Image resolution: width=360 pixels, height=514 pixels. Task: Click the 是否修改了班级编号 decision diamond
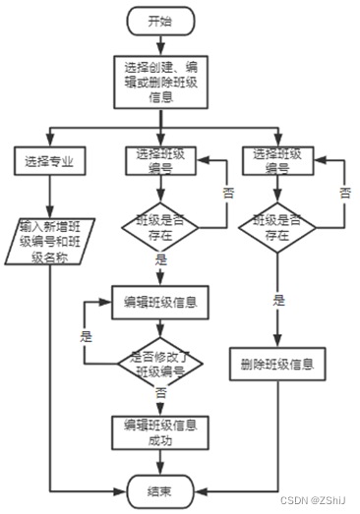click(159, 364)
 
